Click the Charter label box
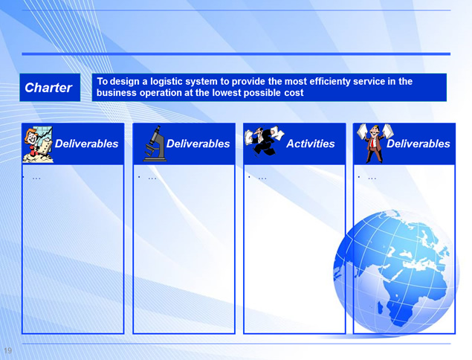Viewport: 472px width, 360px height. tap(50, 87)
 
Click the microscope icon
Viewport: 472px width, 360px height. tap(155, 144)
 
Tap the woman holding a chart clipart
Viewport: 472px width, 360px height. tap(38, 144)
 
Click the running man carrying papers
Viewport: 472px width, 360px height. tap(264, 141)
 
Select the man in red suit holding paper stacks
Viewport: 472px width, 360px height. tap(375, 143)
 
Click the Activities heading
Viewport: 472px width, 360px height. tap(311, 144)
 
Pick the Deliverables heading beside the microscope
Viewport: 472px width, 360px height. tap(198, 144)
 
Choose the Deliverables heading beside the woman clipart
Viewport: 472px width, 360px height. tap(87, 144)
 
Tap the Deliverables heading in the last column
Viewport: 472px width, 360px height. tap(418, 144)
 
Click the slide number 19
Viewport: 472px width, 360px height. tap(8, 350)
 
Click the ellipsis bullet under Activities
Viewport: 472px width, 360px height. tap(262, 179)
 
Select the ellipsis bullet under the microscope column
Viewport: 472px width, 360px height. tap(152, 179)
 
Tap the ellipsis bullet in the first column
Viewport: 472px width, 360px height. tap(36, 179)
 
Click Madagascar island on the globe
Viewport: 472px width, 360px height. tap(380, 308)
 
